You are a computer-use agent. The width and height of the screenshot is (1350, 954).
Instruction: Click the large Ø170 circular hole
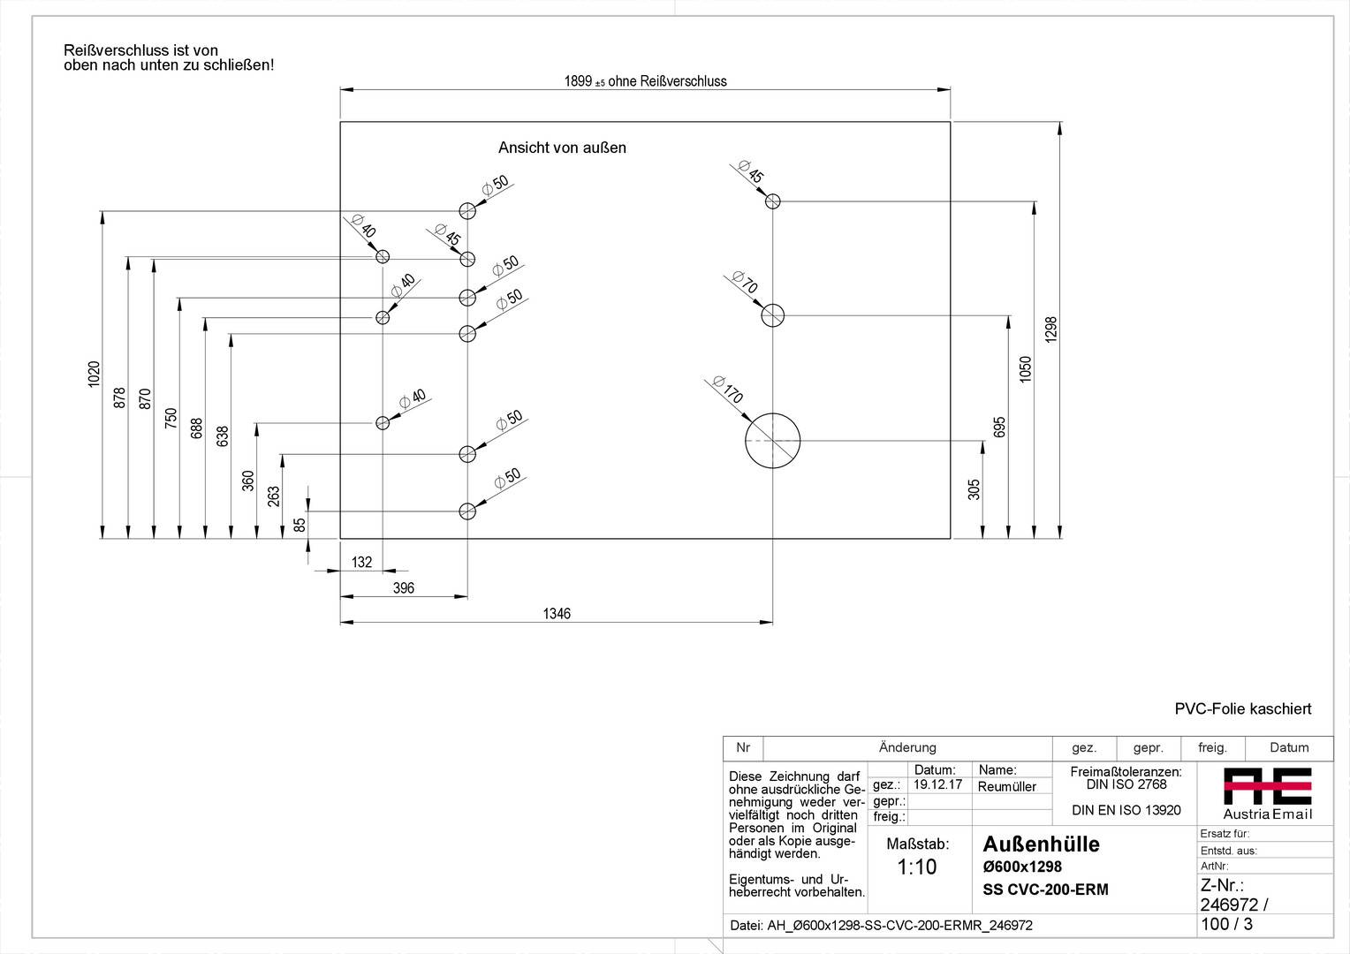pos(772,440)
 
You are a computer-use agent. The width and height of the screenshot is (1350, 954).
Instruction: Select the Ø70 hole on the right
pos(772,314)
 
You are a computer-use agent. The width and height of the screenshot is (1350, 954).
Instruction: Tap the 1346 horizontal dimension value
pos(557,614)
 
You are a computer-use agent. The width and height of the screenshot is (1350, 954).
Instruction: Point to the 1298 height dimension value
pos(1050,329)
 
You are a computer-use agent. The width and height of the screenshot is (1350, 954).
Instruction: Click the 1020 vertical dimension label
pos(95,375)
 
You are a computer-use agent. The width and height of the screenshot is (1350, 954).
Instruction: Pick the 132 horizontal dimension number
pos(361,562)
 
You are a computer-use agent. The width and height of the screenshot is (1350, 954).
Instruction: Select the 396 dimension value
pos(403,588)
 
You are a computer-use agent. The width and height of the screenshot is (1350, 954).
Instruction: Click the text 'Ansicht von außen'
pos(562,148)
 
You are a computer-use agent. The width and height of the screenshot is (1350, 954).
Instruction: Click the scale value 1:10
pos(916,867)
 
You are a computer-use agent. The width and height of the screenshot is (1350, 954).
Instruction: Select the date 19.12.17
pos(937,784)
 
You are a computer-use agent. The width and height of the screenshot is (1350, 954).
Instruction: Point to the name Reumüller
pos(1006,786)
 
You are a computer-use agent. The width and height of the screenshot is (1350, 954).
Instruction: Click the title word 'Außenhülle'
pos(1041,844)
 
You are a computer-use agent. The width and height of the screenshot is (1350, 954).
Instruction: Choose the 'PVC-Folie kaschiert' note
pos(1242,708)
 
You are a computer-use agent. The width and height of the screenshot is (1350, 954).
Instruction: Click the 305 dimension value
pos(974,489)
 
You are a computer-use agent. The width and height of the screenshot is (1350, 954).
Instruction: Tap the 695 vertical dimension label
pos(999,427)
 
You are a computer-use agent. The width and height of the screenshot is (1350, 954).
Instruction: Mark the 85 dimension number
pos(300,524)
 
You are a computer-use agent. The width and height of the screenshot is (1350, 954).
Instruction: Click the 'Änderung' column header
pos(907,747)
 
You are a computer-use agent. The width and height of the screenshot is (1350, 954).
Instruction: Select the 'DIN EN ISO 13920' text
pos(1126,810)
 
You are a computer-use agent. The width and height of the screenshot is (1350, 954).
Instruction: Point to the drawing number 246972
pos(1229,905)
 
